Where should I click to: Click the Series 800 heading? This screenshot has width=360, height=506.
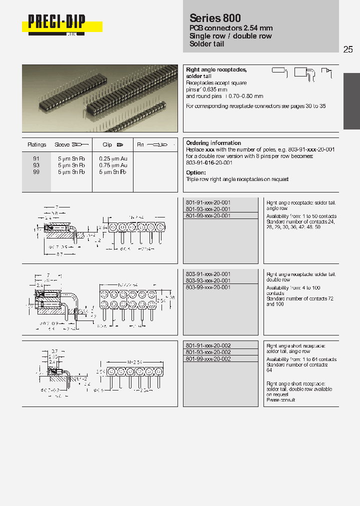click(215, 18)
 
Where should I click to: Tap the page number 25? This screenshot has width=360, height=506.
click(348, 49)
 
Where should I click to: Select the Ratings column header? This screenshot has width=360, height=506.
click(37, 144)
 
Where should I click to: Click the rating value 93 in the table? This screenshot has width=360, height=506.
click(36, 165)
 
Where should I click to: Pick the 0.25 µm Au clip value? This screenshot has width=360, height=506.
click(113, 158)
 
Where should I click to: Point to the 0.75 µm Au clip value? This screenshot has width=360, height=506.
click(113, 165)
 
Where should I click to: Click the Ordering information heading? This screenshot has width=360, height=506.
click(213, 143)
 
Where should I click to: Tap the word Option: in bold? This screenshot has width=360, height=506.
click(196, 172)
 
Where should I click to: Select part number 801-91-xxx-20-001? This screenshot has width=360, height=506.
click(208, 202)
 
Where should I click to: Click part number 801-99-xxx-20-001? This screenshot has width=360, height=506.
click(208, 215)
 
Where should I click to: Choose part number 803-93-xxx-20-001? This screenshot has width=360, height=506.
click(208, 281)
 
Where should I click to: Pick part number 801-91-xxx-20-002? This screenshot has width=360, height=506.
click(208, 345)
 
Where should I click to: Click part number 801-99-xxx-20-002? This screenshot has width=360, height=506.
click(208, 358)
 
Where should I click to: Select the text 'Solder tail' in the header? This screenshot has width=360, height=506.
click(207, 44)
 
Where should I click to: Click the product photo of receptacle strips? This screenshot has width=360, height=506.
click(100, 98)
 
